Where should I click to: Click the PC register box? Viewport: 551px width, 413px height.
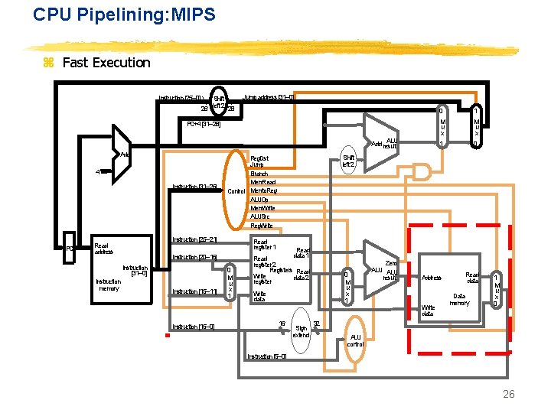pyautogui.click(x=69, y=248)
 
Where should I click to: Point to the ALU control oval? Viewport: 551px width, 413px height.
pyautogui.click(x=356, y=340)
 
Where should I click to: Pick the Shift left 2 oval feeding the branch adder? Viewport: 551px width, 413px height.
pyautogui.click(x=348, y=160)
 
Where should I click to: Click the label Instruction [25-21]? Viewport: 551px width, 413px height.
pyautogui.click(x=194, y=239)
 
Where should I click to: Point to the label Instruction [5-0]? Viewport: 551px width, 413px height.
pyautogui.click(x=267, y=356)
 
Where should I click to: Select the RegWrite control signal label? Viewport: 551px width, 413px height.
pyautogui.click(x=262, y=225)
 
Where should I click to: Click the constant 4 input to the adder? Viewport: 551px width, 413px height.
pyautogui.click(x=97, y=171)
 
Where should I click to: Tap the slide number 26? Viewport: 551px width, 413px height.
pyautogui.click(x=509, y=394)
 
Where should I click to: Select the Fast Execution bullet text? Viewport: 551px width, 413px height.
pyautogui.click(x=106, y=63)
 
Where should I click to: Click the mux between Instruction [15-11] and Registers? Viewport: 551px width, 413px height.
pyautogui.click(x=229, y=282)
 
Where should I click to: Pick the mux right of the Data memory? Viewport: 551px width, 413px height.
pyautogui.click(x=497, y=291)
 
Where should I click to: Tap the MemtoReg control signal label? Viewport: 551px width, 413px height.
pyautogui.click(x=264, y=190)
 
